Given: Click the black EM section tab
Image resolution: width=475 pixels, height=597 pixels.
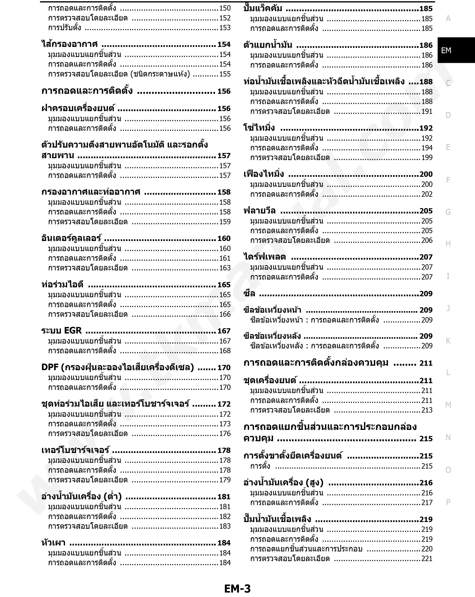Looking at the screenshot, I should tap(446, 50).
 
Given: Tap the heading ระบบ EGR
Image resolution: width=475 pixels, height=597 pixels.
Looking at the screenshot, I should tap(61, 331).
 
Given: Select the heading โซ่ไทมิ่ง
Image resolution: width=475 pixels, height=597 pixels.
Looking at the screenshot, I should tap(259, 128).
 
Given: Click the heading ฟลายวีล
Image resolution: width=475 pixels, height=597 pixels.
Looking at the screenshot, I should tap(259, 211).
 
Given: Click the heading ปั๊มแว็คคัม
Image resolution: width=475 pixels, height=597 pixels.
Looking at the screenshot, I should tap(263, 8).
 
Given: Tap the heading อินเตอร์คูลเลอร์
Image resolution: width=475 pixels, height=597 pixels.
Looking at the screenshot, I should tap(71, 238).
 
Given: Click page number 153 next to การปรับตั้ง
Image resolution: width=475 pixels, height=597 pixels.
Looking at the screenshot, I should tap(225, 28).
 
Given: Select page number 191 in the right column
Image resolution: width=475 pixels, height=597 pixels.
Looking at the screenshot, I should tap(427, 111).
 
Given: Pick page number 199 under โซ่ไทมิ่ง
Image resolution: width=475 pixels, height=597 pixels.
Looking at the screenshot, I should tap(427, 158).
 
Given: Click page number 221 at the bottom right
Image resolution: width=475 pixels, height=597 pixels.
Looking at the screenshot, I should tap(427, 558).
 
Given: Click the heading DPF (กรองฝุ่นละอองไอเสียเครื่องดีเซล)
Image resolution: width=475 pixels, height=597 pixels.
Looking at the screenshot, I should tap(118, 367).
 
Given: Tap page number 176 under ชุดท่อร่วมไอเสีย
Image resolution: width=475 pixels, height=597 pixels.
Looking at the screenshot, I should tap(225, 433).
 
